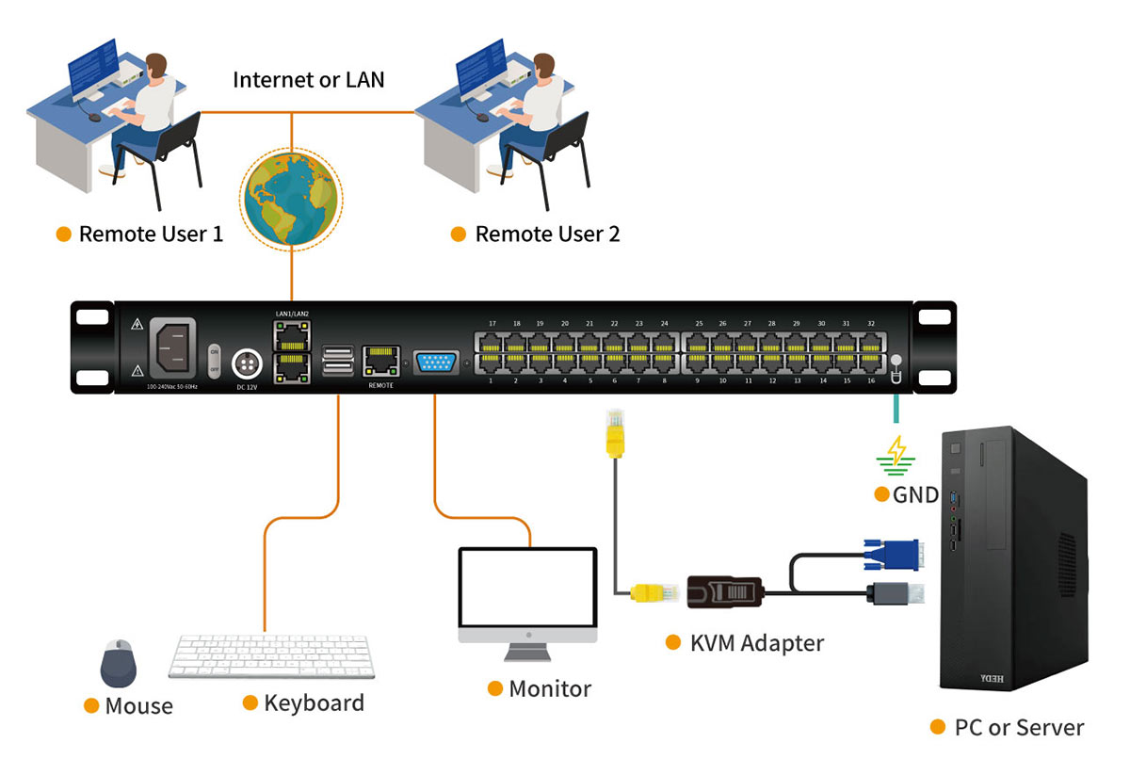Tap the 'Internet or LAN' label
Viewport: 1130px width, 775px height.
coord(309,79)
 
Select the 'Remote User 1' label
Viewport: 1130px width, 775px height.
coord(151,234)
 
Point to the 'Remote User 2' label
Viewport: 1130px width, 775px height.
coord(547,234)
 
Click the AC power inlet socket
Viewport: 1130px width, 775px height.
coord(170,347)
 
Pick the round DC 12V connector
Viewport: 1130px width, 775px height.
coord(247,363)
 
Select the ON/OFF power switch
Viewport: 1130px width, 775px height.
coord(214,362)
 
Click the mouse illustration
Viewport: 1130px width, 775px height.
coord(120,663)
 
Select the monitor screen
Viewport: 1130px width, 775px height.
coord(527,588)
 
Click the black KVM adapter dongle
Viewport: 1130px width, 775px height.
coord(724,593)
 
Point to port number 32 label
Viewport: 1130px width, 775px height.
coord(870,323)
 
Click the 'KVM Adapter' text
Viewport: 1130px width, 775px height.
coord(756,643)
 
